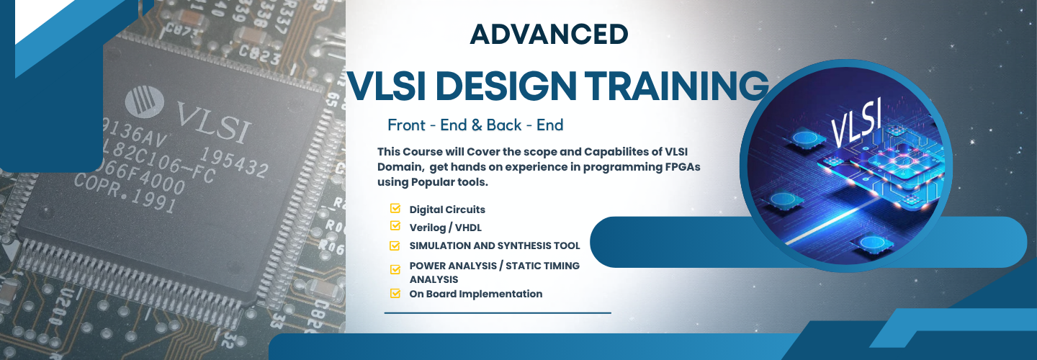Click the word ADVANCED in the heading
click(549, 35)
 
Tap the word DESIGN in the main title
click(506, 86)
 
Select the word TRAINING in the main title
click(677, 86)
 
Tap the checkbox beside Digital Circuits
click(395, 208)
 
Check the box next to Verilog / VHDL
click(395, 226)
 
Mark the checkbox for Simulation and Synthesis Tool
click(395, 246)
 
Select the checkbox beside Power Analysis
click(395, 269)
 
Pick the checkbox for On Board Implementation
click(395, 293)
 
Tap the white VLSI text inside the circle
click(856, 122)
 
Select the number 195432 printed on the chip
click(234, 163)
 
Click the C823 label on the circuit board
click(260, 54)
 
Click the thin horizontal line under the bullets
click(498, 312)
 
